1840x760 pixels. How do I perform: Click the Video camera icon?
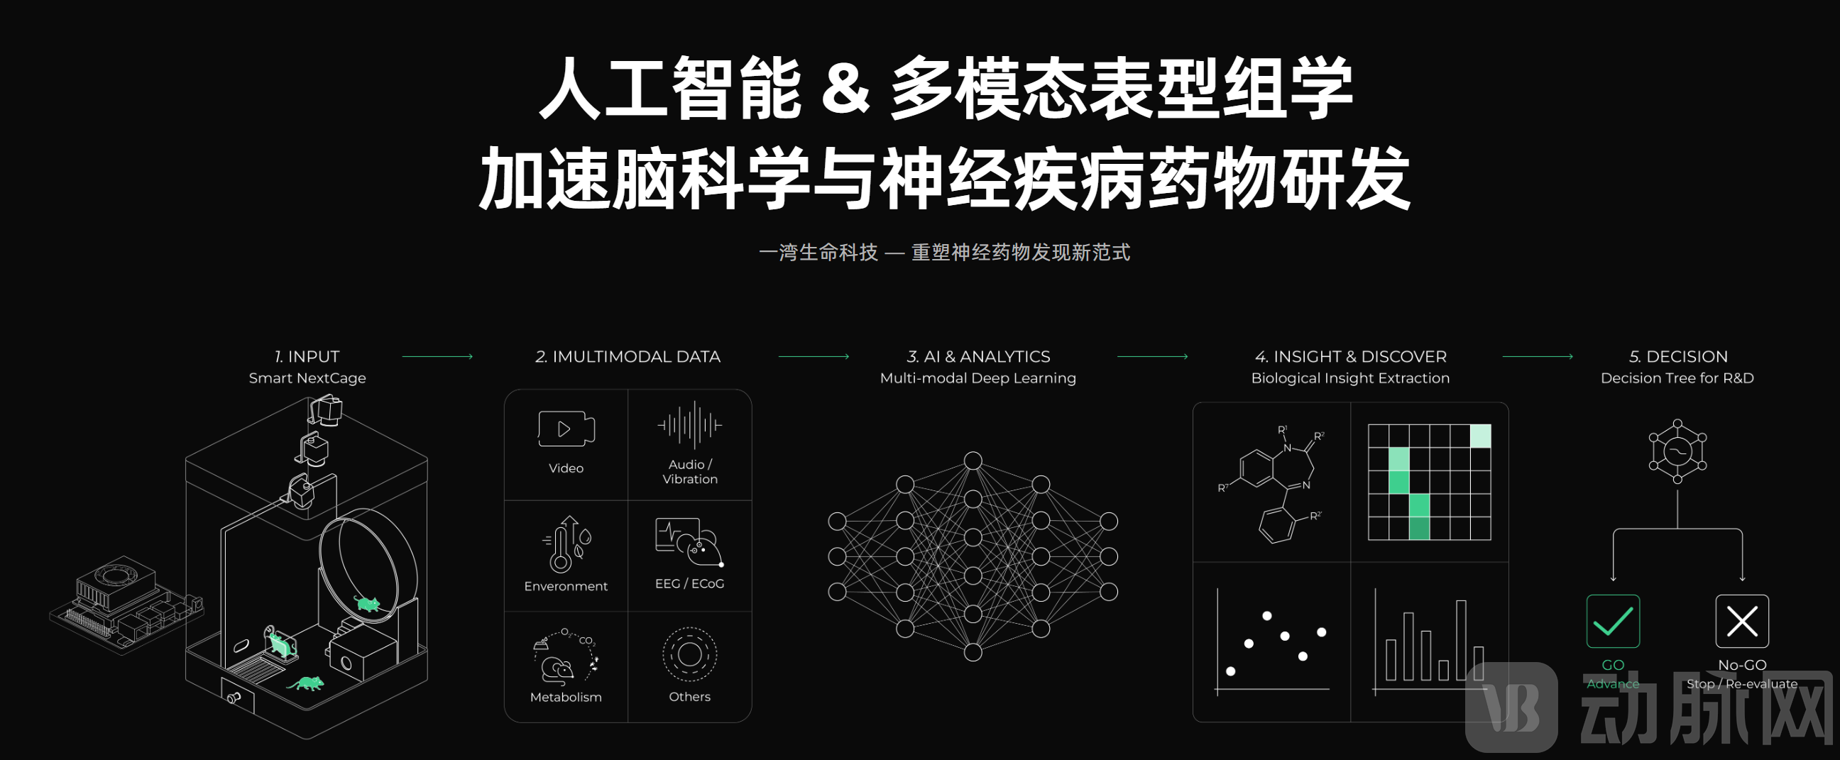click(566, 429)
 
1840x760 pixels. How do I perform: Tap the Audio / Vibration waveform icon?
click(689, 425)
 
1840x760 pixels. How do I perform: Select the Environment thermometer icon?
click(566, 544)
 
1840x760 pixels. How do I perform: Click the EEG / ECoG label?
click(689, 583)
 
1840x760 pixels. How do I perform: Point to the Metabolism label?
click(566, 697)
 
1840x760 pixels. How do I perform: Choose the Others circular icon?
click(689, 654)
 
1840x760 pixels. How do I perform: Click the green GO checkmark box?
click(1613, 621)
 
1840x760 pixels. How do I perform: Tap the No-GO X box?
click(1742, 621)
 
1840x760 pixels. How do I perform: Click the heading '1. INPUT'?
click(307, 356)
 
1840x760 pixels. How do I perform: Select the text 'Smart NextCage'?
click(307, 378)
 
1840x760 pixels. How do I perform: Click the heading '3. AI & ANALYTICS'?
click(978, 356)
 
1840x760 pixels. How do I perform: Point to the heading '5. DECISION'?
click(1678, 356)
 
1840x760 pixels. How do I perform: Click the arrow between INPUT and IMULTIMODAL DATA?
click(437, 356)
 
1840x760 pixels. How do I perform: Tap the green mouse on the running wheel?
click(367, 604)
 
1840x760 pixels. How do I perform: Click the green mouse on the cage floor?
click(307, 683)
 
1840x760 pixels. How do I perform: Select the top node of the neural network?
click(973, 461)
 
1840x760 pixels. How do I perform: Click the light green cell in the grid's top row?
click(1480, 436)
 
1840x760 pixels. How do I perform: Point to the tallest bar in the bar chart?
click(1461, 640)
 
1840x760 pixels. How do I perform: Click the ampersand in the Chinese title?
click(845, 89)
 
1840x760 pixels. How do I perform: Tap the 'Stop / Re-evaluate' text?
click(1742, 683)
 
